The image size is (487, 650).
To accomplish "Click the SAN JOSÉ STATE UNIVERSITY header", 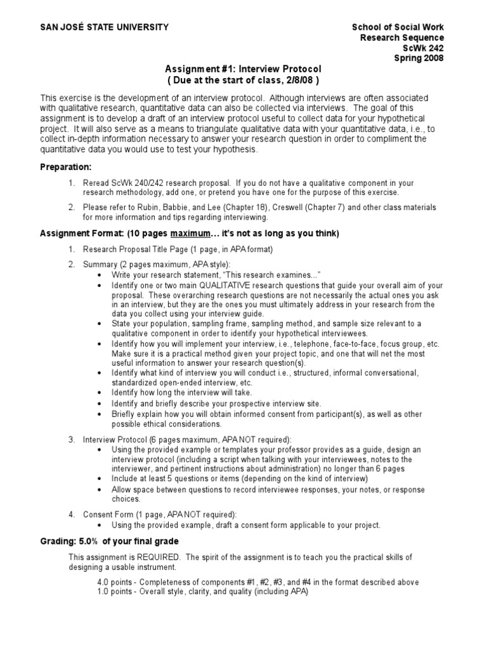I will [105, 27].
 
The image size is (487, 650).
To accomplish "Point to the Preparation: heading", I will [66, 167].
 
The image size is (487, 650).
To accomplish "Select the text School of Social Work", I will [398, 27].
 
